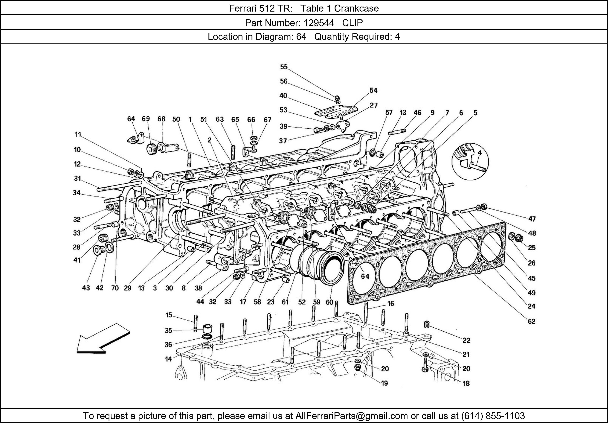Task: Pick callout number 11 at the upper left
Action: [78, 134]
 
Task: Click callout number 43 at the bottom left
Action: [86, 288]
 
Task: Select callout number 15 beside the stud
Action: [169, 315]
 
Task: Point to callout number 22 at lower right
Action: [466, 340]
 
